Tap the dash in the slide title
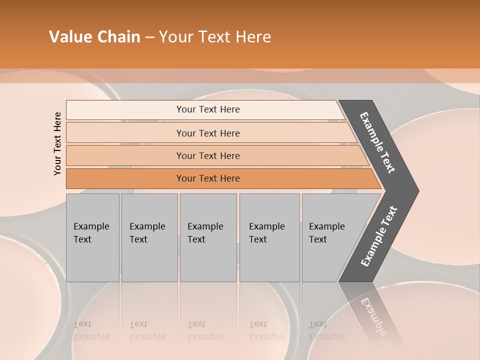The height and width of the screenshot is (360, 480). coord(149,37)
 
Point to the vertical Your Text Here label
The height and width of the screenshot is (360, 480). coord(57,143)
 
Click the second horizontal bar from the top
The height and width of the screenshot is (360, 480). coord(208,133)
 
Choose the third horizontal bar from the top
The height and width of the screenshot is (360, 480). coord(208,155)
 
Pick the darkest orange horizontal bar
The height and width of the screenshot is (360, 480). coord(208,178)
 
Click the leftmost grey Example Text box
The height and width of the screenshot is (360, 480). coord(92,237)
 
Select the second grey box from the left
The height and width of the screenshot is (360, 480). coord(149,237)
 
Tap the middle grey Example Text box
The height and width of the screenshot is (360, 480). coord(208,237)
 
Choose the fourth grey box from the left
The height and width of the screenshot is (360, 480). coord(269,237)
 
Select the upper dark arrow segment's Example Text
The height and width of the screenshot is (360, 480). coord(378,142)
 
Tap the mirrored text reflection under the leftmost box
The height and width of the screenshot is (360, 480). coord(91,330)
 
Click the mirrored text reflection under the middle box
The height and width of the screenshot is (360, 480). coord(205,330)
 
